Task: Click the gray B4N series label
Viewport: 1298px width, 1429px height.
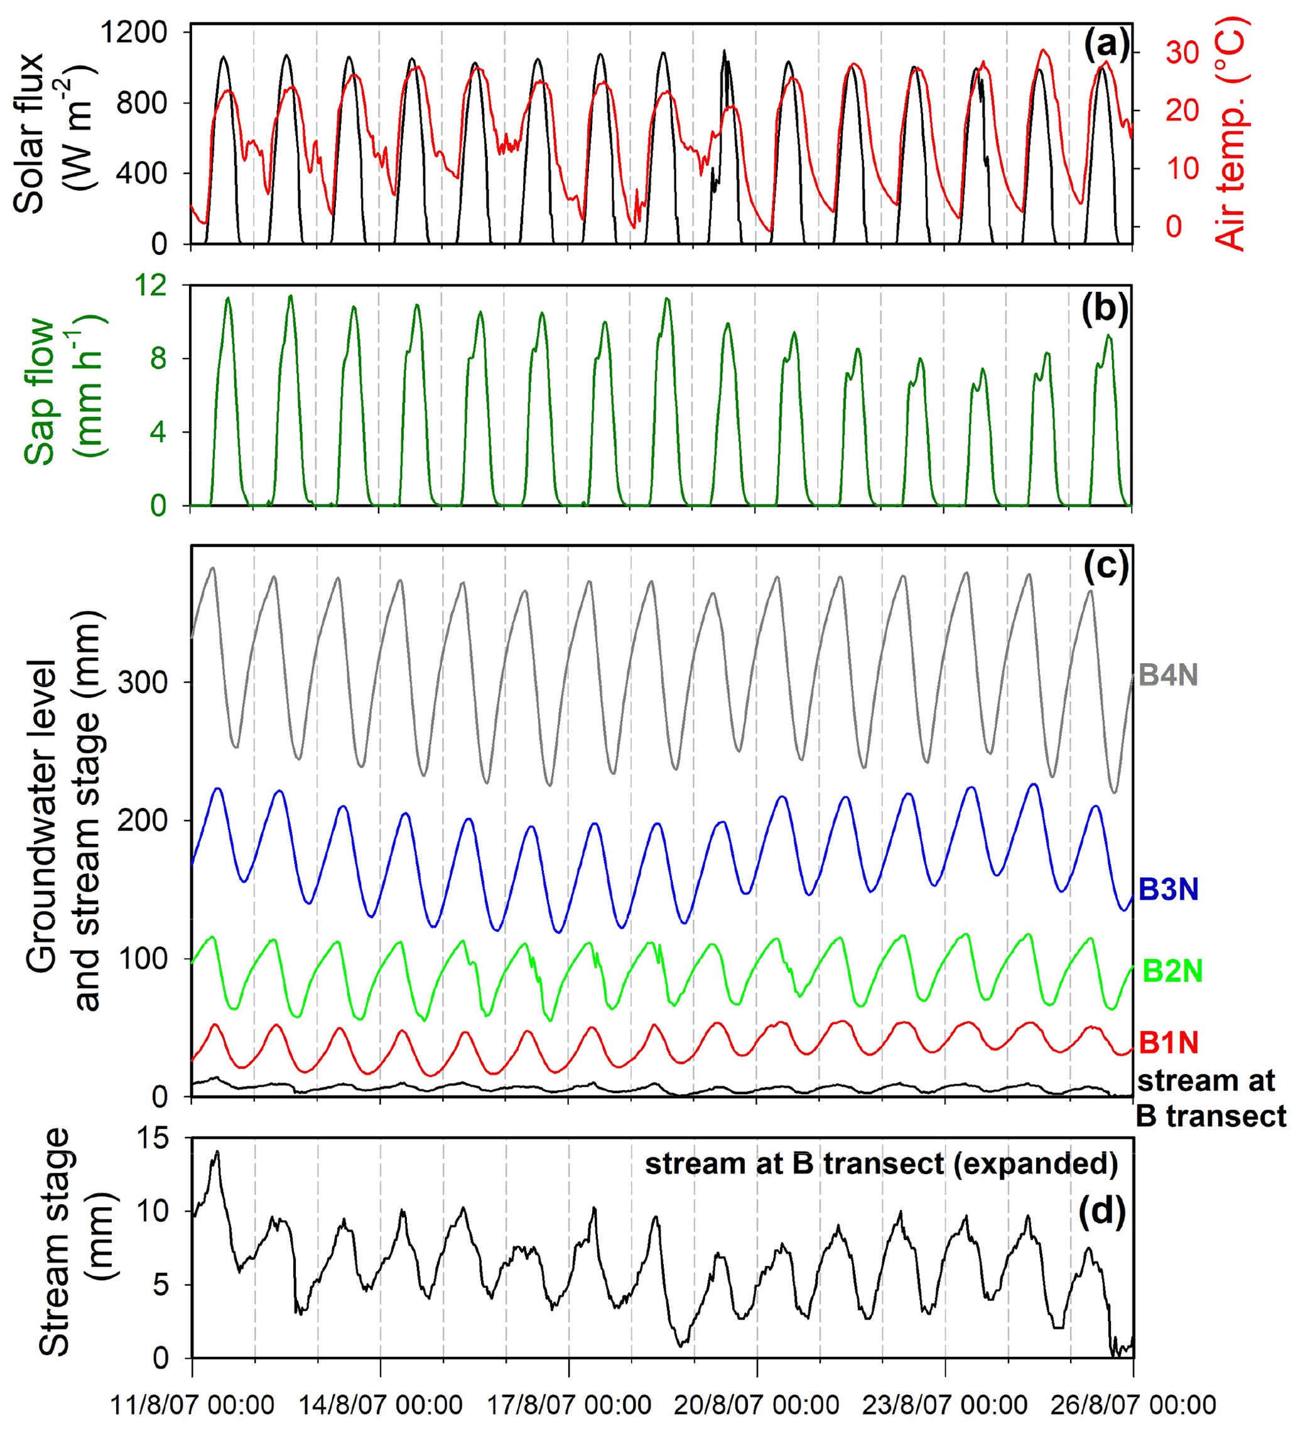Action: point(1167,676)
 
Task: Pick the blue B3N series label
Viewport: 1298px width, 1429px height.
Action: point(1167,889)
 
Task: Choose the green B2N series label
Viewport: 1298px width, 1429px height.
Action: point(1172,971)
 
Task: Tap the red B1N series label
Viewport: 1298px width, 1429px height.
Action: point(1167,1043)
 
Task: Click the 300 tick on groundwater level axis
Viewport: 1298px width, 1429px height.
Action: point(142,682)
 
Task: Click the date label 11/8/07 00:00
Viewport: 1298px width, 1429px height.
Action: point(193,1404)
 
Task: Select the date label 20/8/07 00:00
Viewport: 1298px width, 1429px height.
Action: point(757,1404)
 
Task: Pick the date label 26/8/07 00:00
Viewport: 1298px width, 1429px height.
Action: point(1132,1404)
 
